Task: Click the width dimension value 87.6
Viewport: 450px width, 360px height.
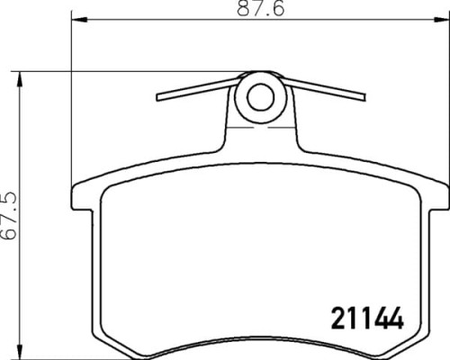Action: point(259,12)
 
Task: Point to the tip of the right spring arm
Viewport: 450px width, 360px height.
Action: point(364,94)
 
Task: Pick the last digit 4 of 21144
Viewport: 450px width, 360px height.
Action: point(391,319)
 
